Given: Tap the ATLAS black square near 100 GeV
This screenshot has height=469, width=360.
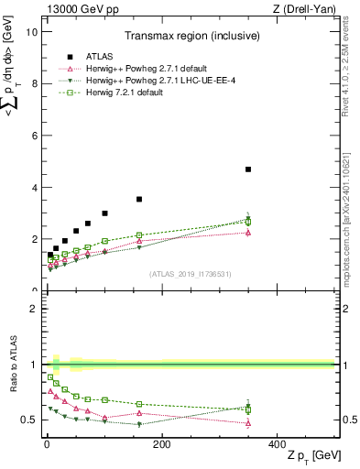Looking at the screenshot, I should point(104,213).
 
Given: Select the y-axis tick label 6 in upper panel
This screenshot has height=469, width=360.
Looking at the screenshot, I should point(34,136).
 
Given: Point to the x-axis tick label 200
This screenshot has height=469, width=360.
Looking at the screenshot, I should point(161,444).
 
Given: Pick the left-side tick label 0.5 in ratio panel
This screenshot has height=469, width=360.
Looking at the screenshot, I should point(29,420).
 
